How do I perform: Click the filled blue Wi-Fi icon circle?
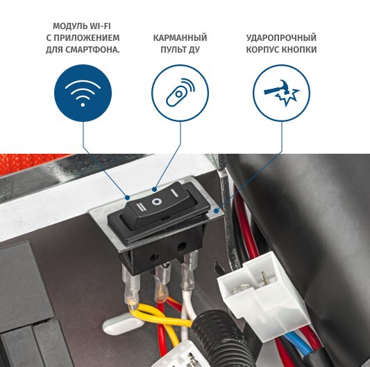[83, 93]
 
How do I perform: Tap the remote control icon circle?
[180, 93]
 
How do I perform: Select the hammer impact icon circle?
[282, 93]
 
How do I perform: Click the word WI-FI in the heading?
[99, 26]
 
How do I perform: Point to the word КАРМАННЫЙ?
[180, 37]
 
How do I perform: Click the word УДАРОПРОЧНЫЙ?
[281, 37]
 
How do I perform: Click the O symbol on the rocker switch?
[156, 202]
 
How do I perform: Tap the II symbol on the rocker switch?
[142, 207]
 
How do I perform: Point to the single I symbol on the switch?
[174, 193]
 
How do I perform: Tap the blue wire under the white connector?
[298, 343]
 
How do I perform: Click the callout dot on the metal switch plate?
[216, 211]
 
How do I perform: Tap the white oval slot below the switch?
[123, 325]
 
